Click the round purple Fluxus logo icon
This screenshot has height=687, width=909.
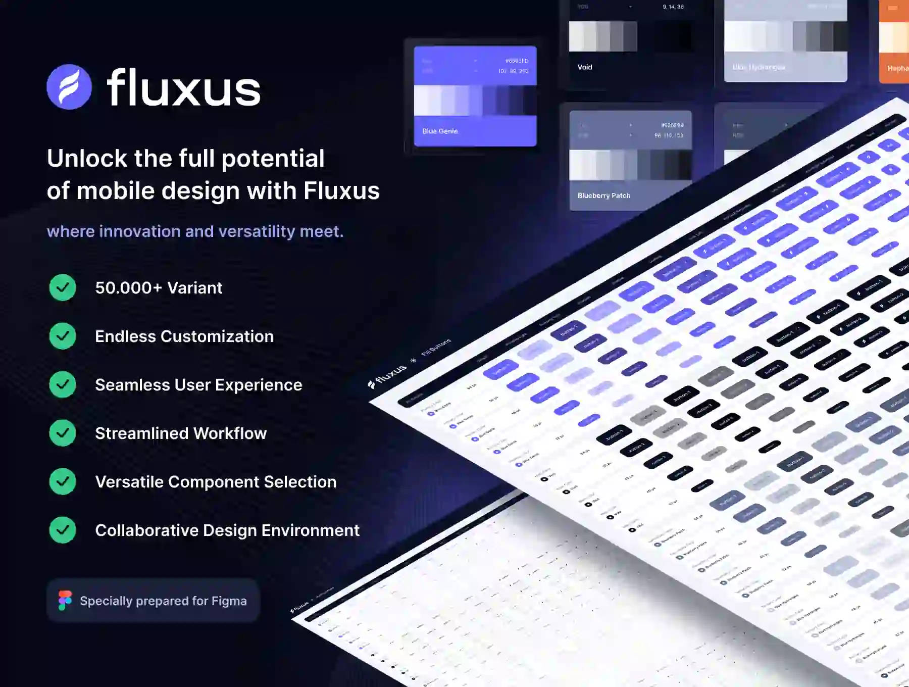click(x=69, y=87)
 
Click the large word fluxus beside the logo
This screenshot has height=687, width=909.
click(x=184, y=88)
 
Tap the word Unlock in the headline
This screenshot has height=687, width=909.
click(x=87, y=159)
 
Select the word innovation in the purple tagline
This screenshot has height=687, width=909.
click(x=139, y=231)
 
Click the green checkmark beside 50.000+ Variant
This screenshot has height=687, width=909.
click(x=63, y=287)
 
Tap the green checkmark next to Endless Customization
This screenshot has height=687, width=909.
click(x=63, y=336)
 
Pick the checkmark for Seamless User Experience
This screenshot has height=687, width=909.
click(x=63, y=384)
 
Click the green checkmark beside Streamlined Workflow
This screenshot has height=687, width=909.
click(x=63, y=433)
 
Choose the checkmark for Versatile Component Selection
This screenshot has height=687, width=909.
click(x=63, y=481)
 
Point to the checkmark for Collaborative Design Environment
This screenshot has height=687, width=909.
click(x=63, y=530)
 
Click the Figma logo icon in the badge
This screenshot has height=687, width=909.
click(x=65, y=601)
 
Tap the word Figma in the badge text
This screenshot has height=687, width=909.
click(x=229, y=601)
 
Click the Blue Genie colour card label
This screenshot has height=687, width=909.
click(x=440, y=131)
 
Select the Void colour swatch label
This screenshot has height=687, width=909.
click(x=585, y=67)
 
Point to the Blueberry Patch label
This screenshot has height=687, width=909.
click(x=604, y=195)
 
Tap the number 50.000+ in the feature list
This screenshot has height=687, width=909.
click(x=128, y=288)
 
